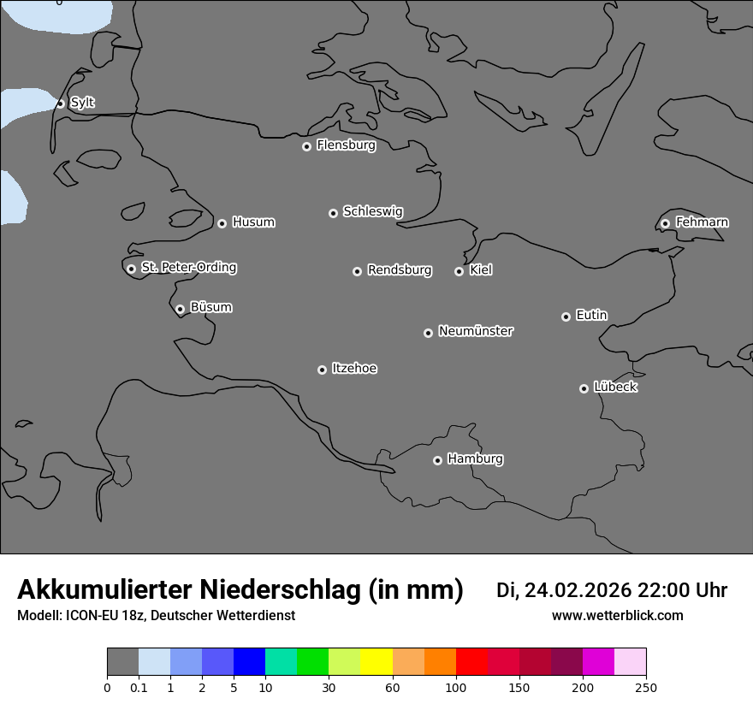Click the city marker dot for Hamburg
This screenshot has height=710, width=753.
(437, 460)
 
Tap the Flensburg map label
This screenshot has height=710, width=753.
(346, 145)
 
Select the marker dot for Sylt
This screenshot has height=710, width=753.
(61, 104)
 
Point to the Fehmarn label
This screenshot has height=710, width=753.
(702, 222)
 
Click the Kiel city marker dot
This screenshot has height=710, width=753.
(459, 271)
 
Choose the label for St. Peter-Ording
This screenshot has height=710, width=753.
(188, 268)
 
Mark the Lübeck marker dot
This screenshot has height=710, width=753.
(584, 388)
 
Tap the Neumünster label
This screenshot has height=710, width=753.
(476, 331)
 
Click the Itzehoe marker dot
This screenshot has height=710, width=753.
(322, 370)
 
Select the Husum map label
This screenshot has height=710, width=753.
(253, 222)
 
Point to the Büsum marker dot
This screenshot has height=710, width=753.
(180, 309)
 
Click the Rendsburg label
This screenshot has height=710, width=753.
(400, 270)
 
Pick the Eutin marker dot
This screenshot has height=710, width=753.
(566, 317)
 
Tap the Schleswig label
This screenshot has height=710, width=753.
(372, 211)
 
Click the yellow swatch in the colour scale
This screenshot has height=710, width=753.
(376, 662)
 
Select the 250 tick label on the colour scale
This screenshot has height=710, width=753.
(646, 687)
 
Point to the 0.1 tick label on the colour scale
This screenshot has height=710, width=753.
(139, 687)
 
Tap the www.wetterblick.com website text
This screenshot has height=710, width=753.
(618, 616)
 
